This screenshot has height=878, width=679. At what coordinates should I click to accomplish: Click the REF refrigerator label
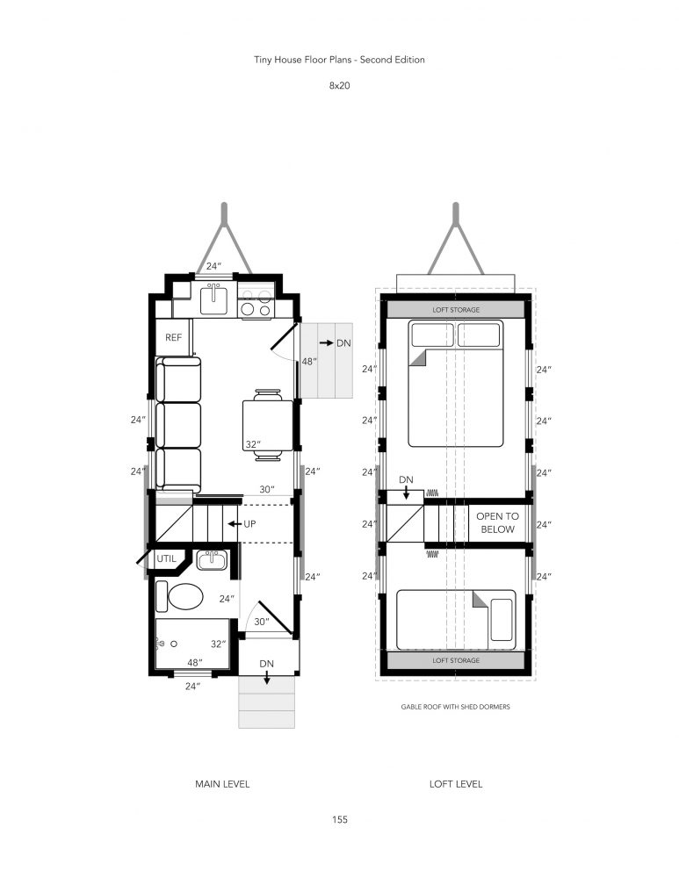coord(173,338)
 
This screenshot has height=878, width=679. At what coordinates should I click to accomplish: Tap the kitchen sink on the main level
coord(213,299)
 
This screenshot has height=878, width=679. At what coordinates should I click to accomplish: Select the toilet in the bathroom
coord(180,597)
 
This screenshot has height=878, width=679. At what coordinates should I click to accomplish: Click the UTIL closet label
coord(166,558)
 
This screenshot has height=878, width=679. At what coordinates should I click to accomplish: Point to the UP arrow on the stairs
coord(235,524)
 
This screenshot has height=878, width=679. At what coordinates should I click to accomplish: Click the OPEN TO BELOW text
coord(497,522)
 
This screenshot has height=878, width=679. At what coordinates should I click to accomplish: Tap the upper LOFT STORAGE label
coord(456,310)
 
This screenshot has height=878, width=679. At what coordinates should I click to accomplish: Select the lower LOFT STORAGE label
coord(456,660)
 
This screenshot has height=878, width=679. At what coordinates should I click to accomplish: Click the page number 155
coord(339,819)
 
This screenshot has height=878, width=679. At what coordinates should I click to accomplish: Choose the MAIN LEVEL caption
coord(222,784)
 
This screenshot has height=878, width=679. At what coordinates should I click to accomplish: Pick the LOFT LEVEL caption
coord(456,784)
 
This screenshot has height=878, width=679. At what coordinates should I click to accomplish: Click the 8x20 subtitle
coord(339,86)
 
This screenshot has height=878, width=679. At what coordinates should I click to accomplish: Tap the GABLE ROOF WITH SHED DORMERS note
coord(456,707)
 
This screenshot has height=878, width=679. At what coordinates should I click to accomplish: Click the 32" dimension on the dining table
coord(253,444)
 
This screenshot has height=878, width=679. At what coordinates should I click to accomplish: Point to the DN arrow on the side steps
coord(326,342)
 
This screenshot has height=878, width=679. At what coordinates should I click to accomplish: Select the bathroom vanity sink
coord(212,560)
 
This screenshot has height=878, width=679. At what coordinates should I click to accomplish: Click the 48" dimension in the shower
coord(194,663)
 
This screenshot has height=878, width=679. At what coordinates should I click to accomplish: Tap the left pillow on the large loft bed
coord(432,335)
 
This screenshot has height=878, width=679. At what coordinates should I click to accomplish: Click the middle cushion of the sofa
coord(178,425)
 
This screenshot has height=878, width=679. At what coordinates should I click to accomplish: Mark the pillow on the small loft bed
coord(502,620)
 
